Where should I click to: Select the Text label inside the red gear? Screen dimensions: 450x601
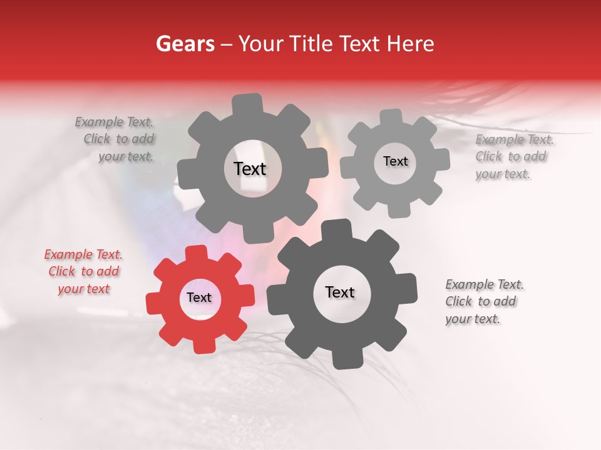pos(199,298)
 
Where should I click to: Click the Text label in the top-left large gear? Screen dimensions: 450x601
pos(250,169)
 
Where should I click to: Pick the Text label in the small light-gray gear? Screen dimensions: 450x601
pos(395,161)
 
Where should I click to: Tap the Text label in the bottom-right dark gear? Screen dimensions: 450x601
pos(340,292)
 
